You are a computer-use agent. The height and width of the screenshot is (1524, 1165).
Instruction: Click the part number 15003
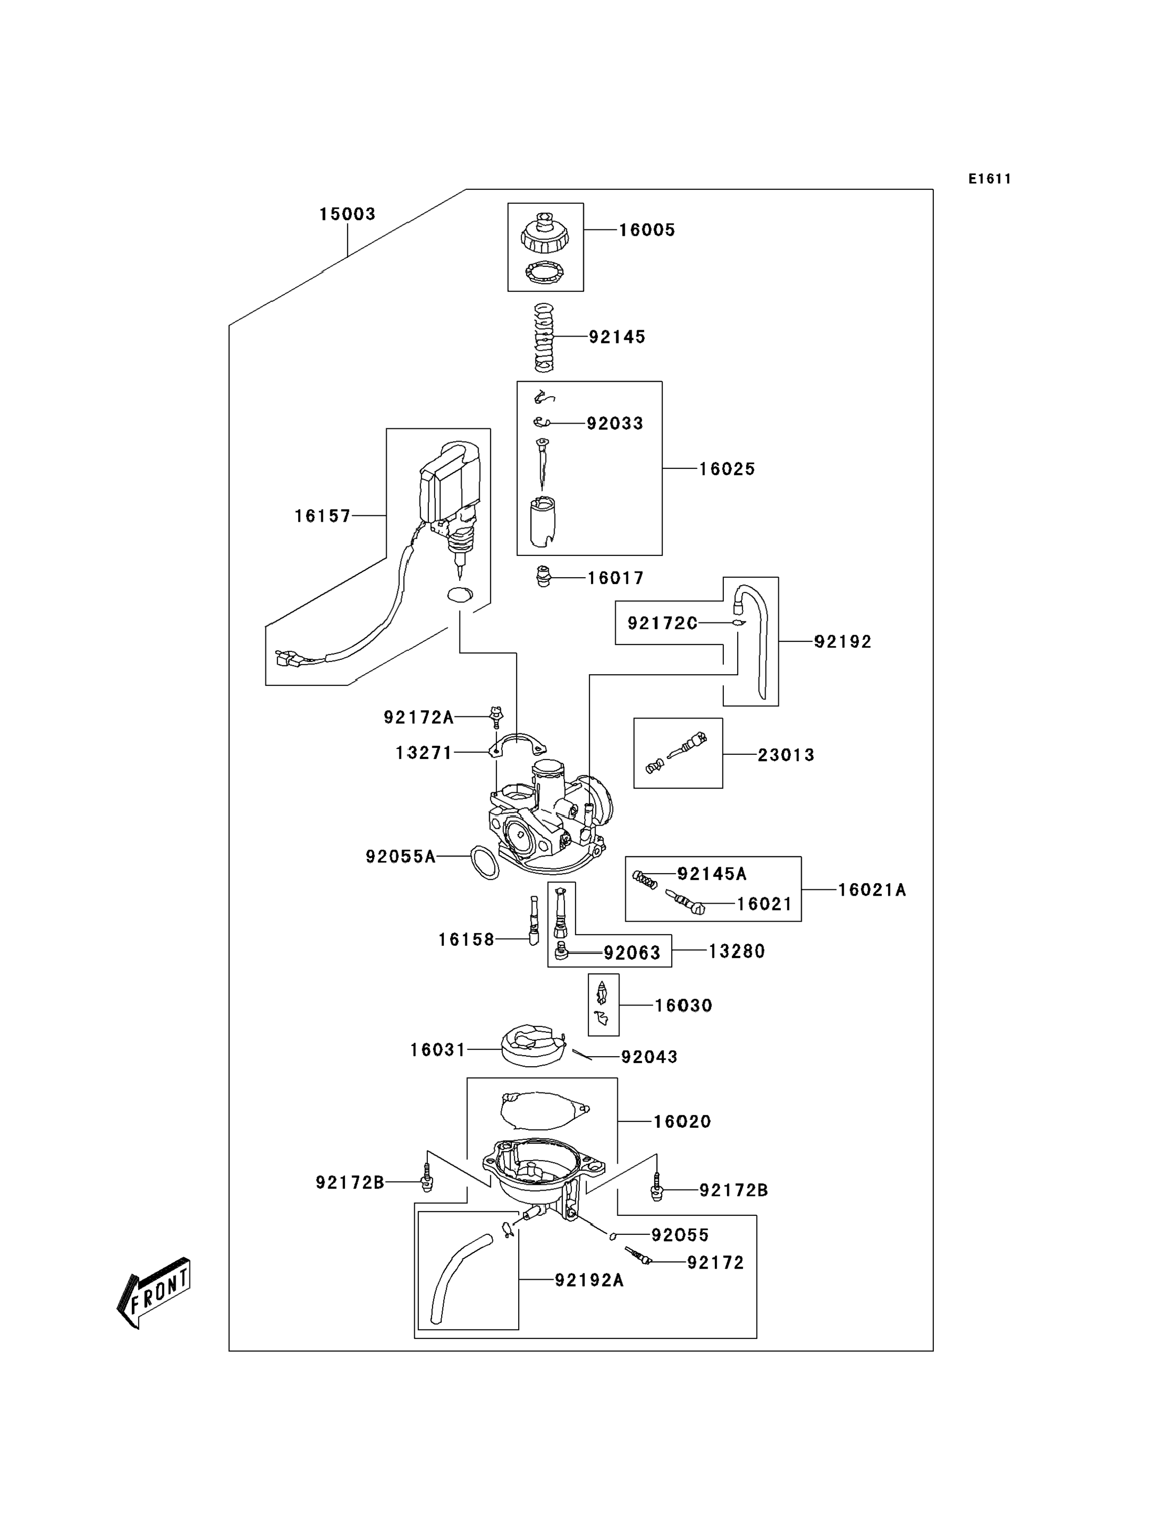(347, 214)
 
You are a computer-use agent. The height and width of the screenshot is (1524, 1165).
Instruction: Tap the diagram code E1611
(989, 179)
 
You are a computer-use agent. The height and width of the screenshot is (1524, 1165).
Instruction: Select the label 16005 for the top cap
(646, 230)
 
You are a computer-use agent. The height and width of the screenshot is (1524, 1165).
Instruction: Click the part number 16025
(726, 469)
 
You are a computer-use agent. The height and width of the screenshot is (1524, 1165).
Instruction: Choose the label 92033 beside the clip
(614, 423)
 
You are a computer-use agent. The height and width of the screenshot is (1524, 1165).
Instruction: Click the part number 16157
(322, 516)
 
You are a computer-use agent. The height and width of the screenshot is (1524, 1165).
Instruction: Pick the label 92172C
(662, 624)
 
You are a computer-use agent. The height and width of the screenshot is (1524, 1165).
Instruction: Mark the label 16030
(683, 1005)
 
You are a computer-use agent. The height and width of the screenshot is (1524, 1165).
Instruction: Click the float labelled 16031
(532, 1046)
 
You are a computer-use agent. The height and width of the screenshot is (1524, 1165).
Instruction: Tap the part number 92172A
(419, 717)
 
